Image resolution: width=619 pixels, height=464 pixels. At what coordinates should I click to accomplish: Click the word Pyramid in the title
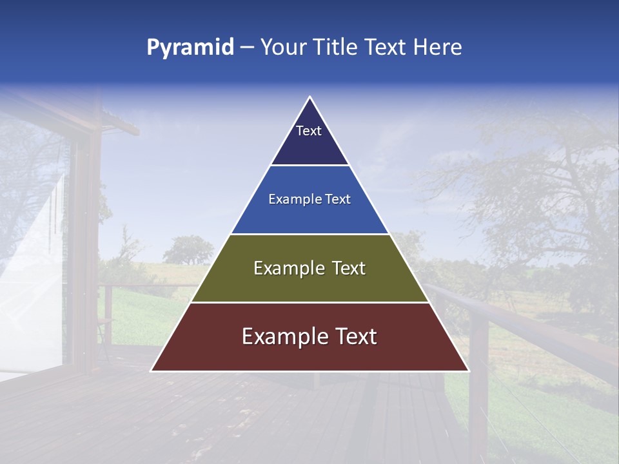coord(190,48)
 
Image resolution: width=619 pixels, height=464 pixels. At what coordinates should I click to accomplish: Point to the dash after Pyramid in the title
coord(246,48)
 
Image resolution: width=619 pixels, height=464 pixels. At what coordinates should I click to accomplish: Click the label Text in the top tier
coord(309,131)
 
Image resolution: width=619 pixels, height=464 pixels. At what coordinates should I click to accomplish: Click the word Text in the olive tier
coord(348,268)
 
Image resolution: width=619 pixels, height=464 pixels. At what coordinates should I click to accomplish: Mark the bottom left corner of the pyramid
coord(152,371)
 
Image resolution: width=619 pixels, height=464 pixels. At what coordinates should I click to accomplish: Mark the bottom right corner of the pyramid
coord(468,371)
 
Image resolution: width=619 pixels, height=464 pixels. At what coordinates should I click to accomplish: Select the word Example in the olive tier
coord(286,268)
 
